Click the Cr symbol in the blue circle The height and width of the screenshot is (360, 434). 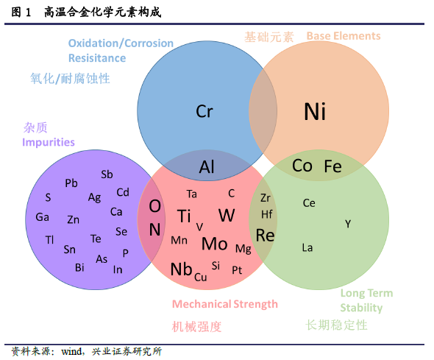pos(204,111)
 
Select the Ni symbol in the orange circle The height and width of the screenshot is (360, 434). pos(315,112)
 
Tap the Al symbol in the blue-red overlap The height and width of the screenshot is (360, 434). pos(207,167)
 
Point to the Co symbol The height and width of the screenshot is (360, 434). pos(302,166)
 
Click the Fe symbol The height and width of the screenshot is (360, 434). pos(332,166)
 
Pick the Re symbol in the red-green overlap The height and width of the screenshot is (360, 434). pos(265,236)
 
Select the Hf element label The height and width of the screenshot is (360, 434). pos(267,214)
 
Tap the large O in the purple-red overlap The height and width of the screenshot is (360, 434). pos(154,206)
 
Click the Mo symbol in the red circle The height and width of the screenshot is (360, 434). pos(215,244)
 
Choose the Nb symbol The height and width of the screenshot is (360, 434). pos(181,269)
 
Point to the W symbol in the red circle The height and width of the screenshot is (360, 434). pos(227,215)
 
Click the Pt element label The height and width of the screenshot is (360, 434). pos(237,270)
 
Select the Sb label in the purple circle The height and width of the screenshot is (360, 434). pos(107,174)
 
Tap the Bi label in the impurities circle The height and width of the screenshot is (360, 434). pos(79,267)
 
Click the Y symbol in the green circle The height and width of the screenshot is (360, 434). pos(348,224)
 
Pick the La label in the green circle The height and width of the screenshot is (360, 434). pos(307,247)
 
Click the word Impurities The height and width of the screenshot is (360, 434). pos(49,142)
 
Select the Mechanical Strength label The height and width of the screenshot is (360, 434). pos(225,304)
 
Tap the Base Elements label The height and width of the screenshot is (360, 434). pos(344,36)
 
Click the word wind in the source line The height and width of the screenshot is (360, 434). pos(71,351)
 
